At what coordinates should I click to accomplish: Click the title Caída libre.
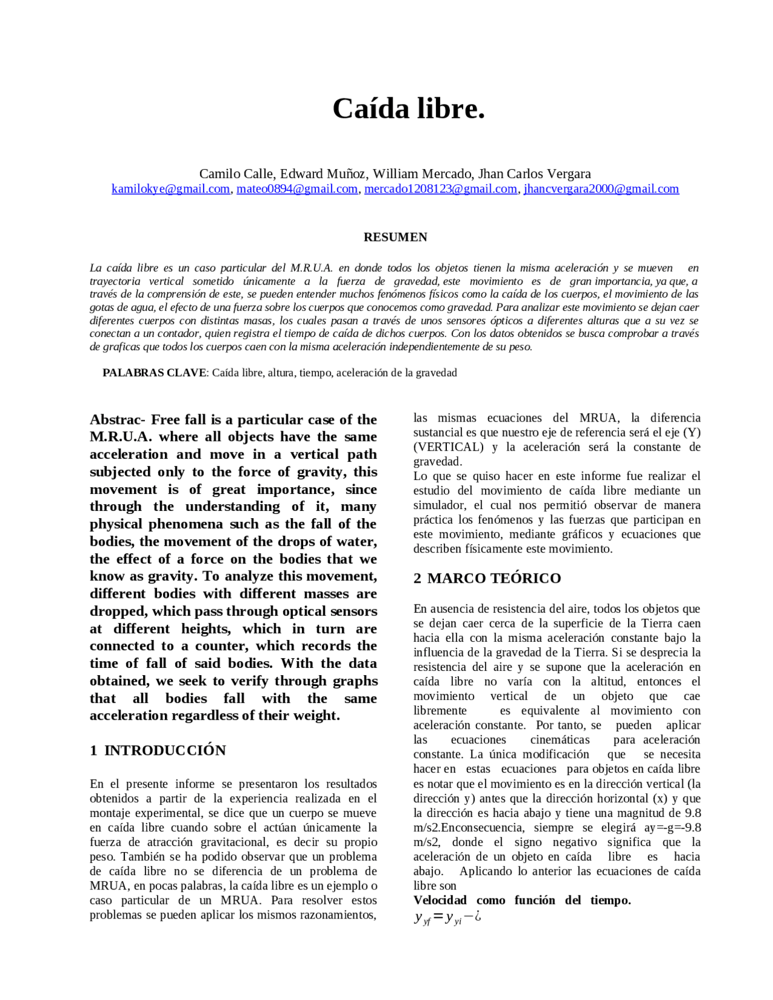pos(408,109)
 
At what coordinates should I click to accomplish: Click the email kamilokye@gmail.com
pos(170,189)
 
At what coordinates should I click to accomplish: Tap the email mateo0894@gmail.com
pos(297,189)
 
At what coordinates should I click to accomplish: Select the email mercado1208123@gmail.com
pos(440,189)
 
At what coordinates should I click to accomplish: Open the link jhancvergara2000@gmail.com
pos(601,189)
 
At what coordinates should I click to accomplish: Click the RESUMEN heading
pos(395,237)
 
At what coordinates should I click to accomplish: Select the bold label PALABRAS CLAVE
pos(154,373)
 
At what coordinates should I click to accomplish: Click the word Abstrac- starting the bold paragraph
pos(117,420)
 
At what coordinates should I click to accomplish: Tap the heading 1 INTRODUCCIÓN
pos(158,751)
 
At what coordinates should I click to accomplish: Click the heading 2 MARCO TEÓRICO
pos(487,579)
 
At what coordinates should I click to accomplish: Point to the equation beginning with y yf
pos(447,918)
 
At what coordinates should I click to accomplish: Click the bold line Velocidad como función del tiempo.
pos(522,900)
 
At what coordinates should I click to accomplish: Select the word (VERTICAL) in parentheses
pos(448,447)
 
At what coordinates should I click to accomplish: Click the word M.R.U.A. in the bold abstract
pos(120,437)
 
